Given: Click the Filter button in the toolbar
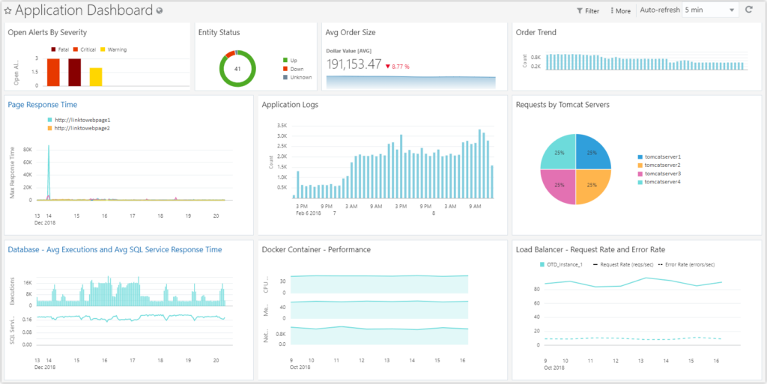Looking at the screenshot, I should [x=588, y=11].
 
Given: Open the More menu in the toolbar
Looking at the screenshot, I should [x=620, y=11].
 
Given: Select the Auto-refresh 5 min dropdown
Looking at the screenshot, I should [x=709, y=10].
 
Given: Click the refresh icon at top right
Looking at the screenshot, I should [x=749, y=10].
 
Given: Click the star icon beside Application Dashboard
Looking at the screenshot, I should [x=7, y=11].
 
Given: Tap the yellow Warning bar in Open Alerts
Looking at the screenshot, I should [x=96, y=76].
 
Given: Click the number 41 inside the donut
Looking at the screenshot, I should [x=237, y=69].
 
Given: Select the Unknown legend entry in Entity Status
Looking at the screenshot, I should [x=300, y=77].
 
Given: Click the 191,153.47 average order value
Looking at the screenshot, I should [x=354, y=64].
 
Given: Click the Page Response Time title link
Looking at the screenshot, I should [x=43, y=105].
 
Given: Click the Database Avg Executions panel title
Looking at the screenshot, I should [x=115, y=249].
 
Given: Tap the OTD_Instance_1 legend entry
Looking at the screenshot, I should [x=564, y=264].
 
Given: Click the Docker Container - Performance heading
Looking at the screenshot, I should [x=316, y=249].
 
